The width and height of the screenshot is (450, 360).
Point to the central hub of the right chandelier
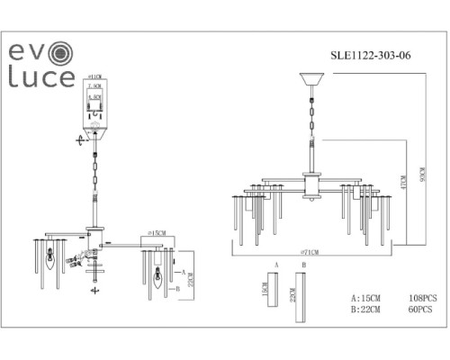coord(312,189)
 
